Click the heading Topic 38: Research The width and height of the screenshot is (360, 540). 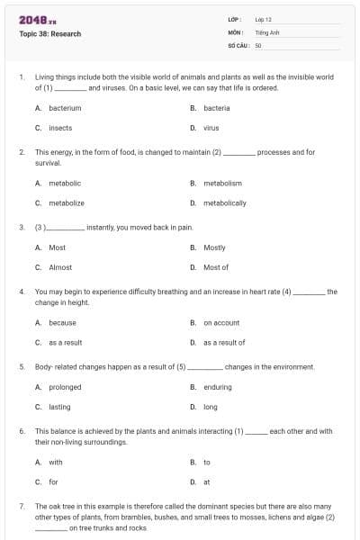50,34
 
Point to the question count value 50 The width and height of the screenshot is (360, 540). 258,43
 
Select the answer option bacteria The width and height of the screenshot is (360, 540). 216,108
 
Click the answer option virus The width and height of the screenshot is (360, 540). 211,128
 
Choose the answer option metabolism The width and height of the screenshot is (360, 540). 222,183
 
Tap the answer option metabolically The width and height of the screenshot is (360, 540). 224,203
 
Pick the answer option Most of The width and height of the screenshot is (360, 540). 216,267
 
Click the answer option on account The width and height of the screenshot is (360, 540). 221,322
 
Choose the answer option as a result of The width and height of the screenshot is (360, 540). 224,342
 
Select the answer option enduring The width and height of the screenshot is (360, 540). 217,387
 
